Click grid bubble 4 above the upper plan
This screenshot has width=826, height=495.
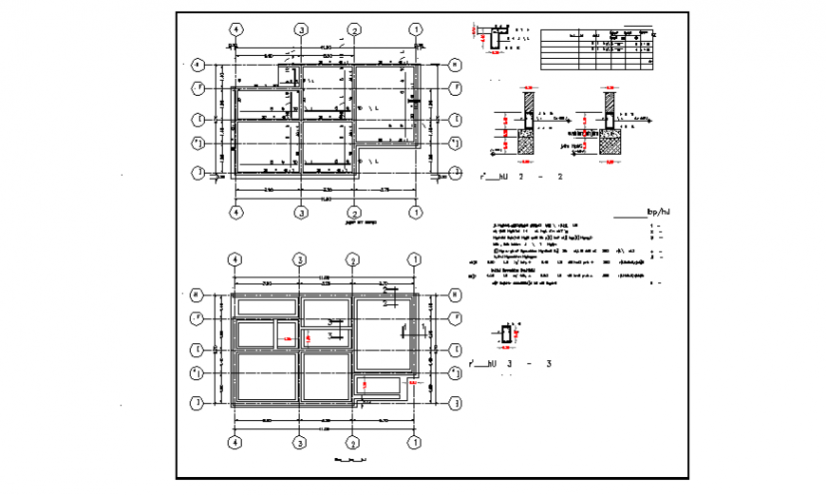(234, 29)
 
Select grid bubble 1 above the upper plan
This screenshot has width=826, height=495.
(415, 29)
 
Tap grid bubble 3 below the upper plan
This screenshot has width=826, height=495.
(301, 212)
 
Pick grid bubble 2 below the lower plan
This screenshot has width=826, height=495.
(352, 442)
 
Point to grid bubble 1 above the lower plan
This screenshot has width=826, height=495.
(415, 259)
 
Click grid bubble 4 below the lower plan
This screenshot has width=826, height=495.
(234, 442)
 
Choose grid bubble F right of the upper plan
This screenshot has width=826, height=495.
(455, 88)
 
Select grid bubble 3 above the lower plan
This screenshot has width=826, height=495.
(301, 259)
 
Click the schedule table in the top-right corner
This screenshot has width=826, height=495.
(597, 48)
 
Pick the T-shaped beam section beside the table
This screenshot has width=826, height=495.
(496, 37)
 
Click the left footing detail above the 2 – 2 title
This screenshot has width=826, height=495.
(524, 126)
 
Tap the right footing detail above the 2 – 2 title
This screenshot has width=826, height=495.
(610, 126)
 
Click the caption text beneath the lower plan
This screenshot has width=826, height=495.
(350, 460)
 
